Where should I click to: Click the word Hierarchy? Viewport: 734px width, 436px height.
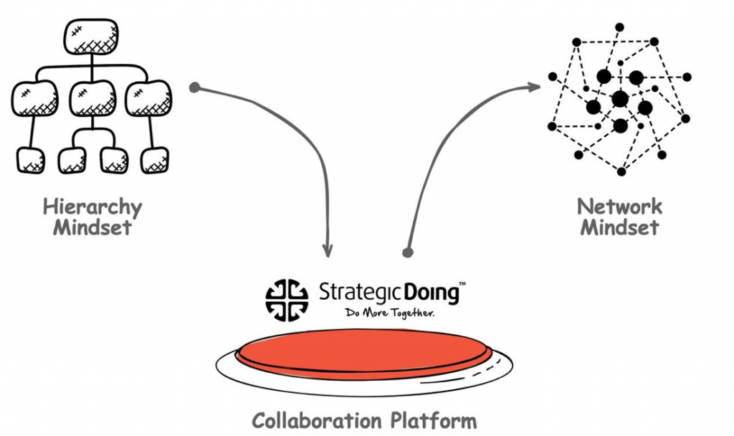click(92, 208)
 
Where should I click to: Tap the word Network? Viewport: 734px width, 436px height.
click(620, 207)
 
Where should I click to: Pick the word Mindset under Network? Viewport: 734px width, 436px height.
click(619, 228)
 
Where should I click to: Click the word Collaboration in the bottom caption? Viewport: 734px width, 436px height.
click(323, 420)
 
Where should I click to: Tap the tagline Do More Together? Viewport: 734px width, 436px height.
click(390, 313)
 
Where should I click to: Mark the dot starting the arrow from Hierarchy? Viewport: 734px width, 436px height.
click(194, 88)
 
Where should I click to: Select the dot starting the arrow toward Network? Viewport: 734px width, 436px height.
click(408, 252)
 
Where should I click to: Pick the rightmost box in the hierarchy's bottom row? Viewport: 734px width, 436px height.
click(155, 160)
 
